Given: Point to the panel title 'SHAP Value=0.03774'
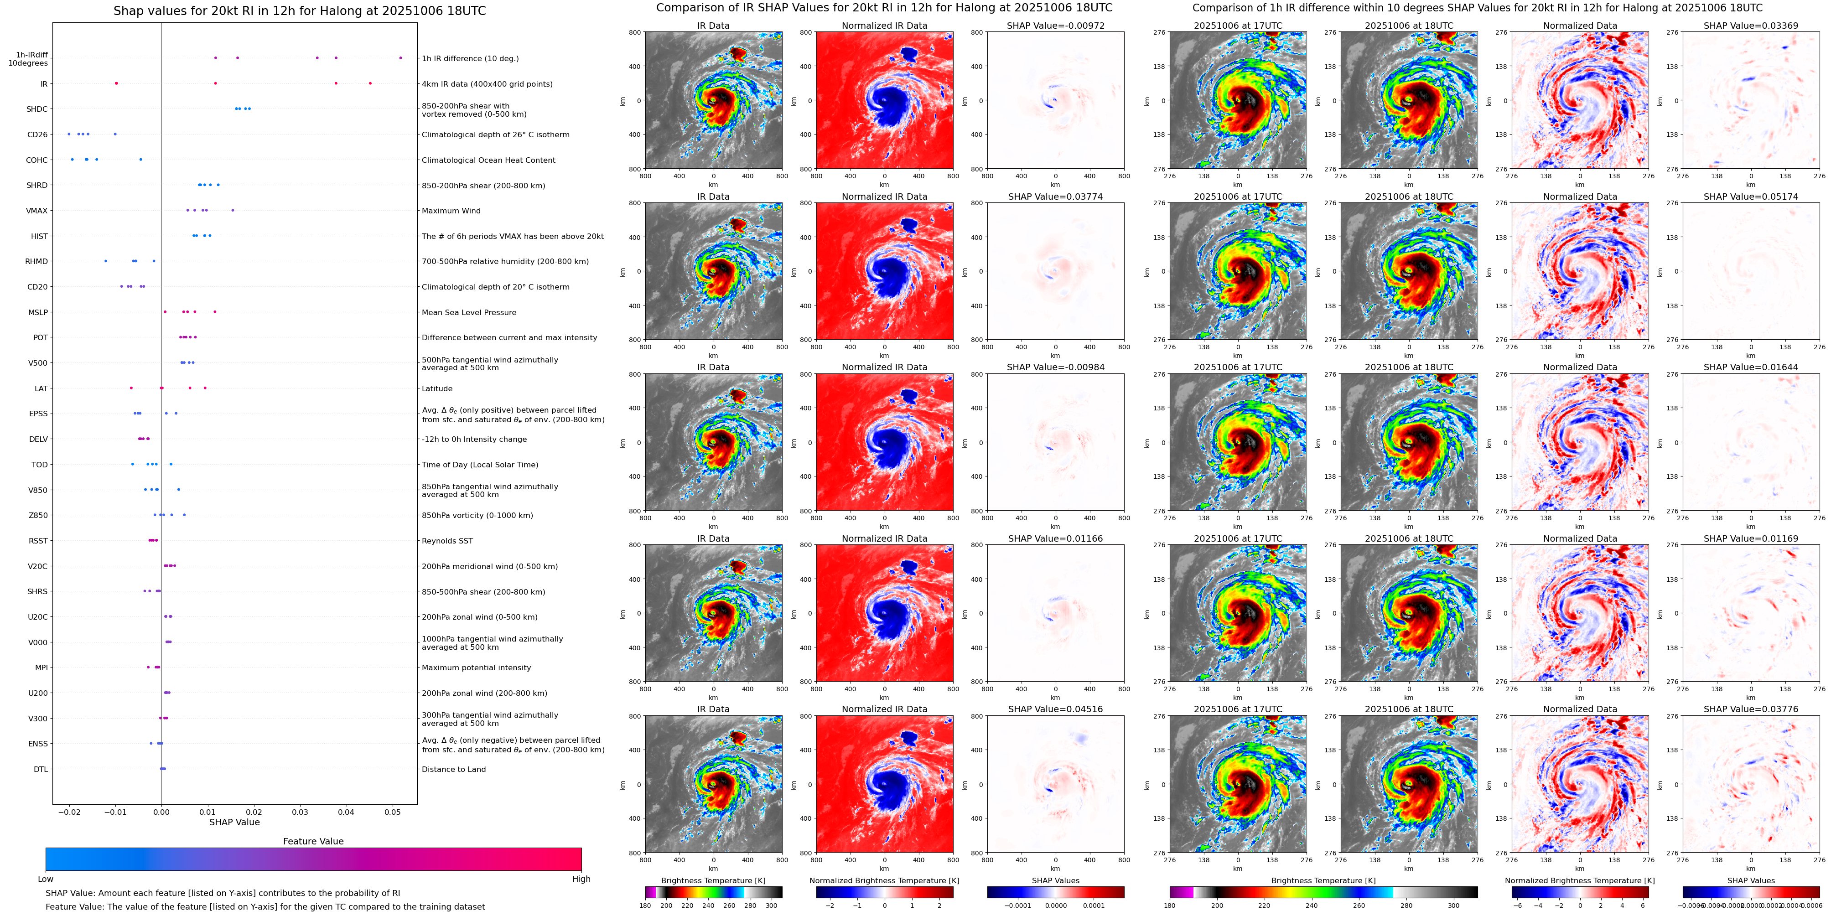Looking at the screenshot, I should (1055, 197).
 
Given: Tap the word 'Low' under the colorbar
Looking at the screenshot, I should (46, 879).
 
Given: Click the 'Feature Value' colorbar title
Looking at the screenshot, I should (313, 841).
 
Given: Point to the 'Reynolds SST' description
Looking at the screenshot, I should (447, 541).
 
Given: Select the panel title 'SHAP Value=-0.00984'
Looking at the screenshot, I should (1055, 367).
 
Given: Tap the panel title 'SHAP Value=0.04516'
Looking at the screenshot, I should (1055, 709).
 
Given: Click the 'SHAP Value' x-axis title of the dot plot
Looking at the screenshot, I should (234, 822).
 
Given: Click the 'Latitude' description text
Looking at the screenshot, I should (437, 389).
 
